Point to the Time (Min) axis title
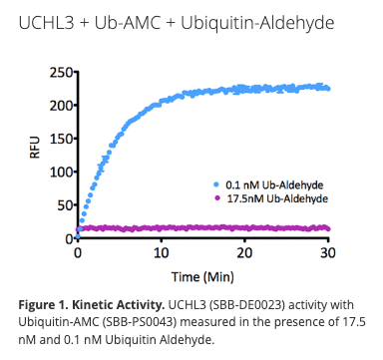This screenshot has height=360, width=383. [203, 274]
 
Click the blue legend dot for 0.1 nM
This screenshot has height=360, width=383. [216, 185]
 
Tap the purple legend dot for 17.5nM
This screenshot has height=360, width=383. [216, 198]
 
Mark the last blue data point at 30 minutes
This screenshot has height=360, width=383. [328, 89]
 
